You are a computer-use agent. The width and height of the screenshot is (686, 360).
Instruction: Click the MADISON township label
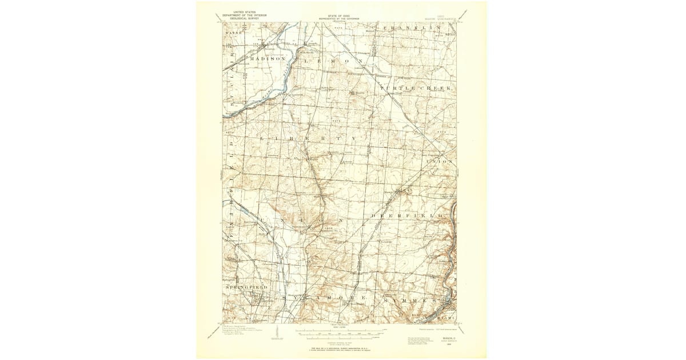(x=268, y=59)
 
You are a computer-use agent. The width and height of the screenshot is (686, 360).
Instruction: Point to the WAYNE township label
(x=234, y=33)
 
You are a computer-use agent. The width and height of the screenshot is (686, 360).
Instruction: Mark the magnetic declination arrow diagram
(x=277, y=333)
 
